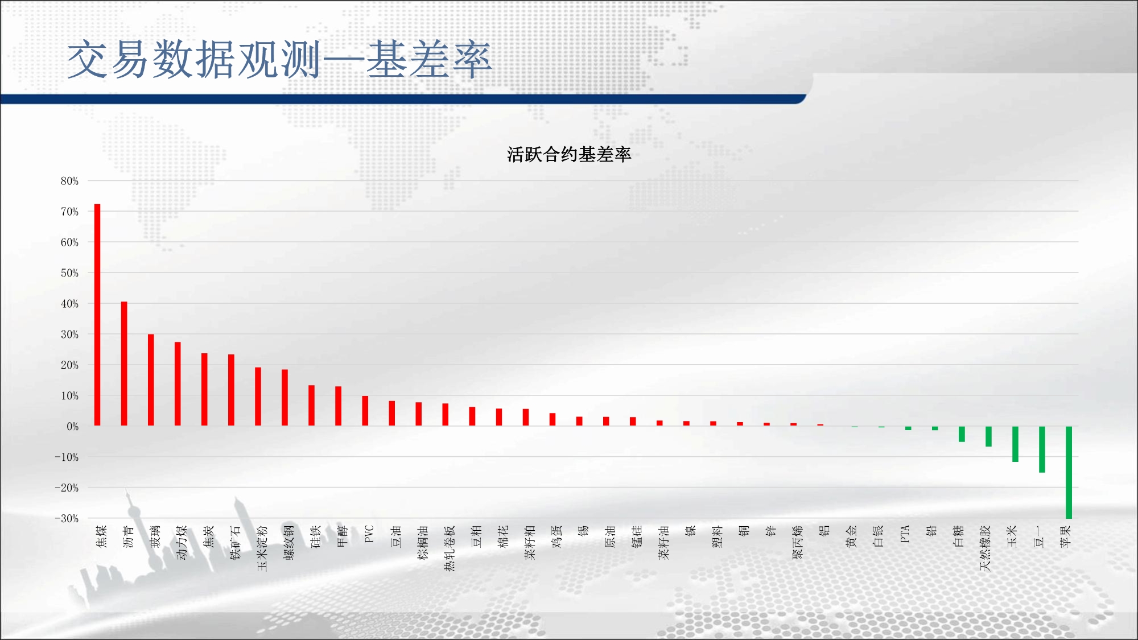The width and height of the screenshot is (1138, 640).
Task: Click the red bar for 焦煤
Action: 97,315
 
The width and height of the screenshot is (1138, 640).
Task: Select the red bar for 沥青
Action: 124,364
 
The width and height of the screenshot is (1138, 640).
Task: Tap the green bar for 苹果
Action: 1069,472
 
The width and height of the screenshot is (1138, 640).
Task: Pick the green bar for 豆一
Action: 1042,449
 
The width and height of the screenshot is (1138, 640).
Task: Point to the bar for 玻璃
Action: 151,380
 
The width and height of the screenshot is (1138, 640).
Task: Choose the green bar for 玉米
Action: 1015,444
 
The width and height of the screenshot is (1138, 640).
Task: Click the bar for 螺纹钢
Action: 284,398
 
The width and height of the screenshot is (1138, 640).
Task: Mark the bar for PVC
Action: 365,411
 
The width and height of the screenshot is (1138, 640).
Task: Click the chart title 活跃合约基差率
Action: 569,155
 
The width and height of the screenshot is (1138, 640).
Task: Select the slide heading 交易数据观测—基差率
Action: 279,59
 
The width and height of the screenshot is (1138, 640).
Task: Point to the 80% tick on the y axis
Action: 69,181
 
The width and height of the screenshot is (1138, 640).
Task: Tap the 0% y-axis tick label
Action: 73,426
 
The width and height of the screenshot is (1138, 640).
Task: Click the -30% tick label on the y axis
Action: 67,518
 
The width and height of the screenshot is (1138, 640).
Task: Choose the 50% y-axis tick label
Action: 69,273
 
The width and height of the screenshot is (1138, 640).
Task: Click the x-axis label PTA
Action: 905,534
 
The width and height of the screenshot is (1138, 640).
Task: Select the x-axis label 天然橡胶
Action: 985,548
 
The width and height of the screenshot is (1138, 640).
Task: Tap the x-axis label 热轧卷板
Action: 450,548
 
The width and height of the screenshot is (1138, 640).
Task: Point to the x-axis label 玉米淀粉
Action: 262,548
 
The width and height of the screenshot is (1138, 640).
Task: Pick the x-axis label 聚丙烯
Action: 797,542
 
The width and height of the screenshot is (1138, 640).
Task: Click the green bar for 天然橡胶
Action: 988,436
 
